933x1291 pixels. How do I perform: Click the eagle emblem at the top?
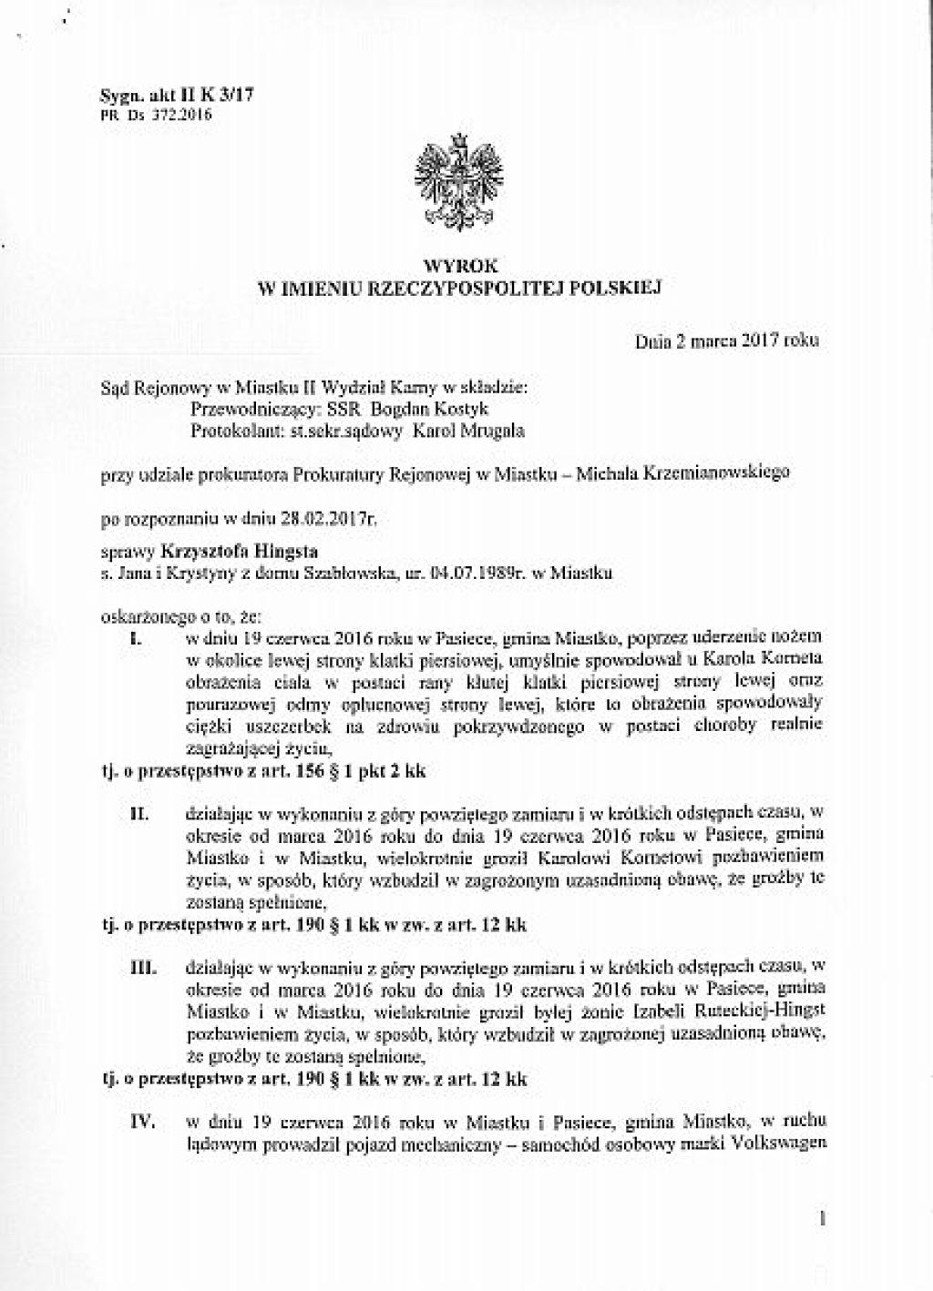point(459,181)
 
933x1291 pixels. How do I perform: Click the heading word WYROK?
point(460,267)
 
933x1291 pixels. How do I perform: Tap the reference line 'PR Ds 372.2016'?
point(154,116)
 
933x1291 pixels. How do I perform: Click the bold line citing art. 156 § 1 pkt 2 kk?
point(262,769)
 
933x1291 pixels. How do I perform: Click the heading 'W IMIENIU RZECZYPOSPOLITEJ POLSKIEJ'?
point(460,289)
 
